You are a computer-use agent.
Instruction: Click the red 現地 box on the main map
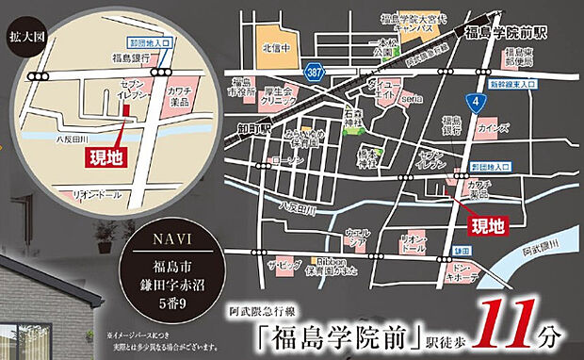(x=488, y=224)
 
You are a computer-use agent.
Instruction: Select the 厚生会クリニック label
(x=280, y=95)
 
